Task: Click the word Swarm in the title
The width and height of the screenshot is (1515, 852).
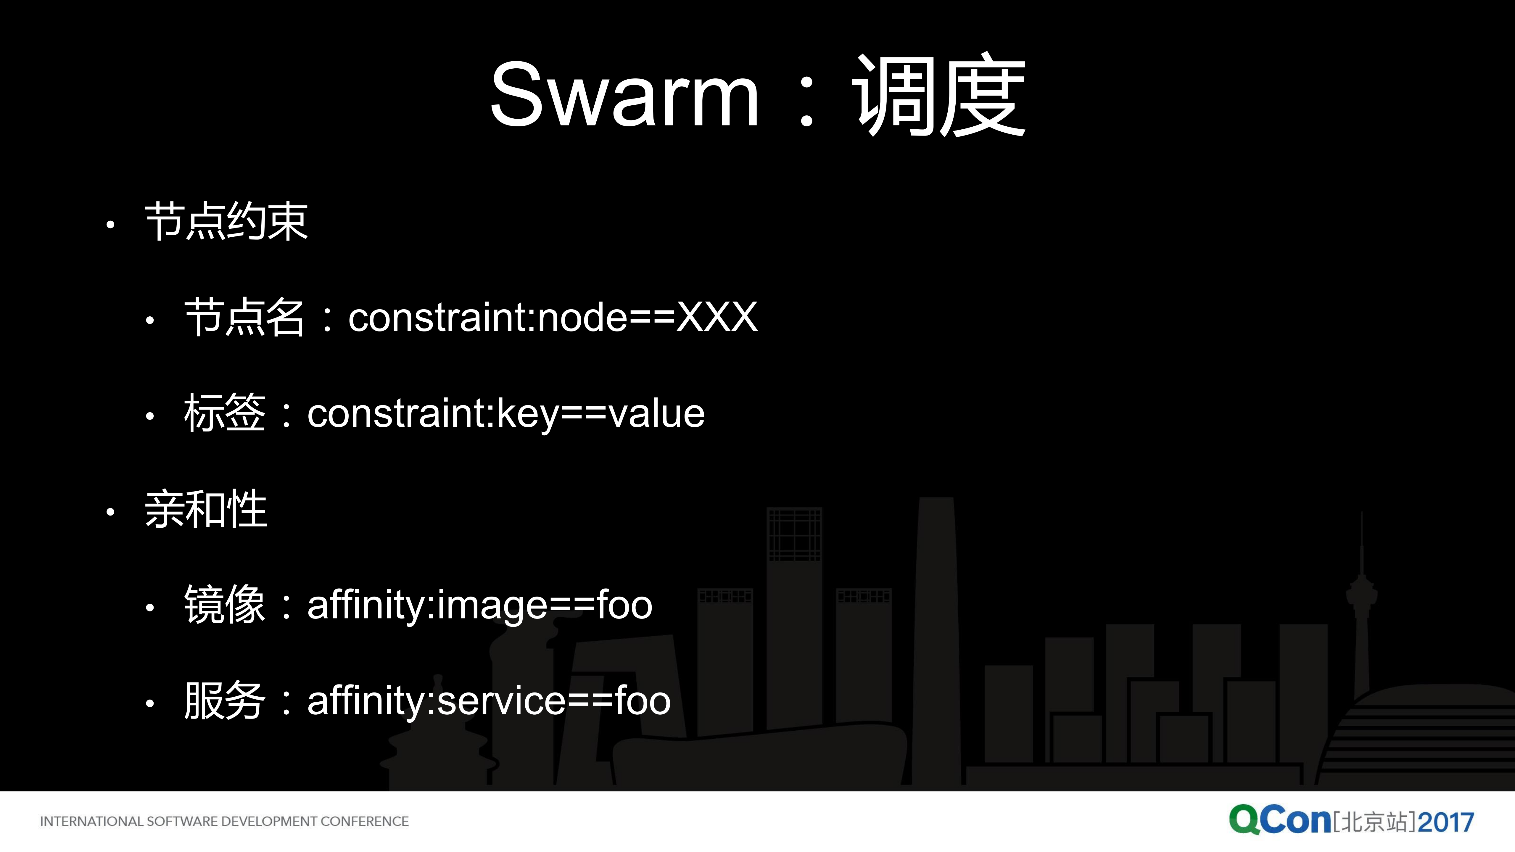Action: [624, 95]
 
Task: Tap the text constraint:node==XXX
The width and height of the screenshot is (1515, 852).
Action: [553, 318]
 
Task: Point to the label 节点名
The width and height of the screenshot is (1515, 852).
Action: [244, 318]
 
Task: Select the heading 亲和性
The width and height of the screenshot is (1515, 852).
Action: [206, 510]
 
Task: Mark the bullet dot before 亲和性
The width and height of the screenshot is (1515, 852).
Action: [110, 512]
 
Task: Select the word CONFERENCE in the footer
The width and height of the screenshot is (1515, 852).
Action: [365, 822]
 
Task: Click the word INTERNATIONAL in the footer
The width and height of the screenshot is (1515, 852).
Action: [91, 822]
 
